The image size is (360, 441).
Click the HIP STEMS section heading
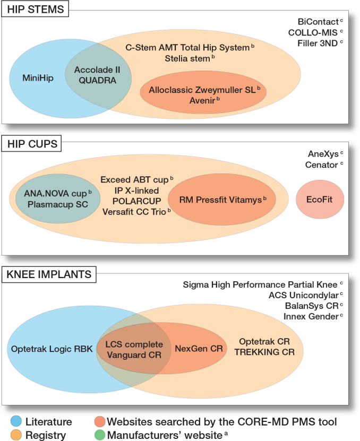coord(36,10)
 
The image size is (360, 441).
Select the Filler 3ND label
coord(317,43)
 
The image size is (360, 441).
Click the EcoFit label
coord(319,200)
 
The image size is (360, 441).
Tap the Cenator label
coord(322,165)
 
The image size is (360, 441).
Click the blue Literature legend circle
coord(16,422)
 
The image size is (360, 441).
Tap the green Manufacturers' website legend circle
coord(99,435)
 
